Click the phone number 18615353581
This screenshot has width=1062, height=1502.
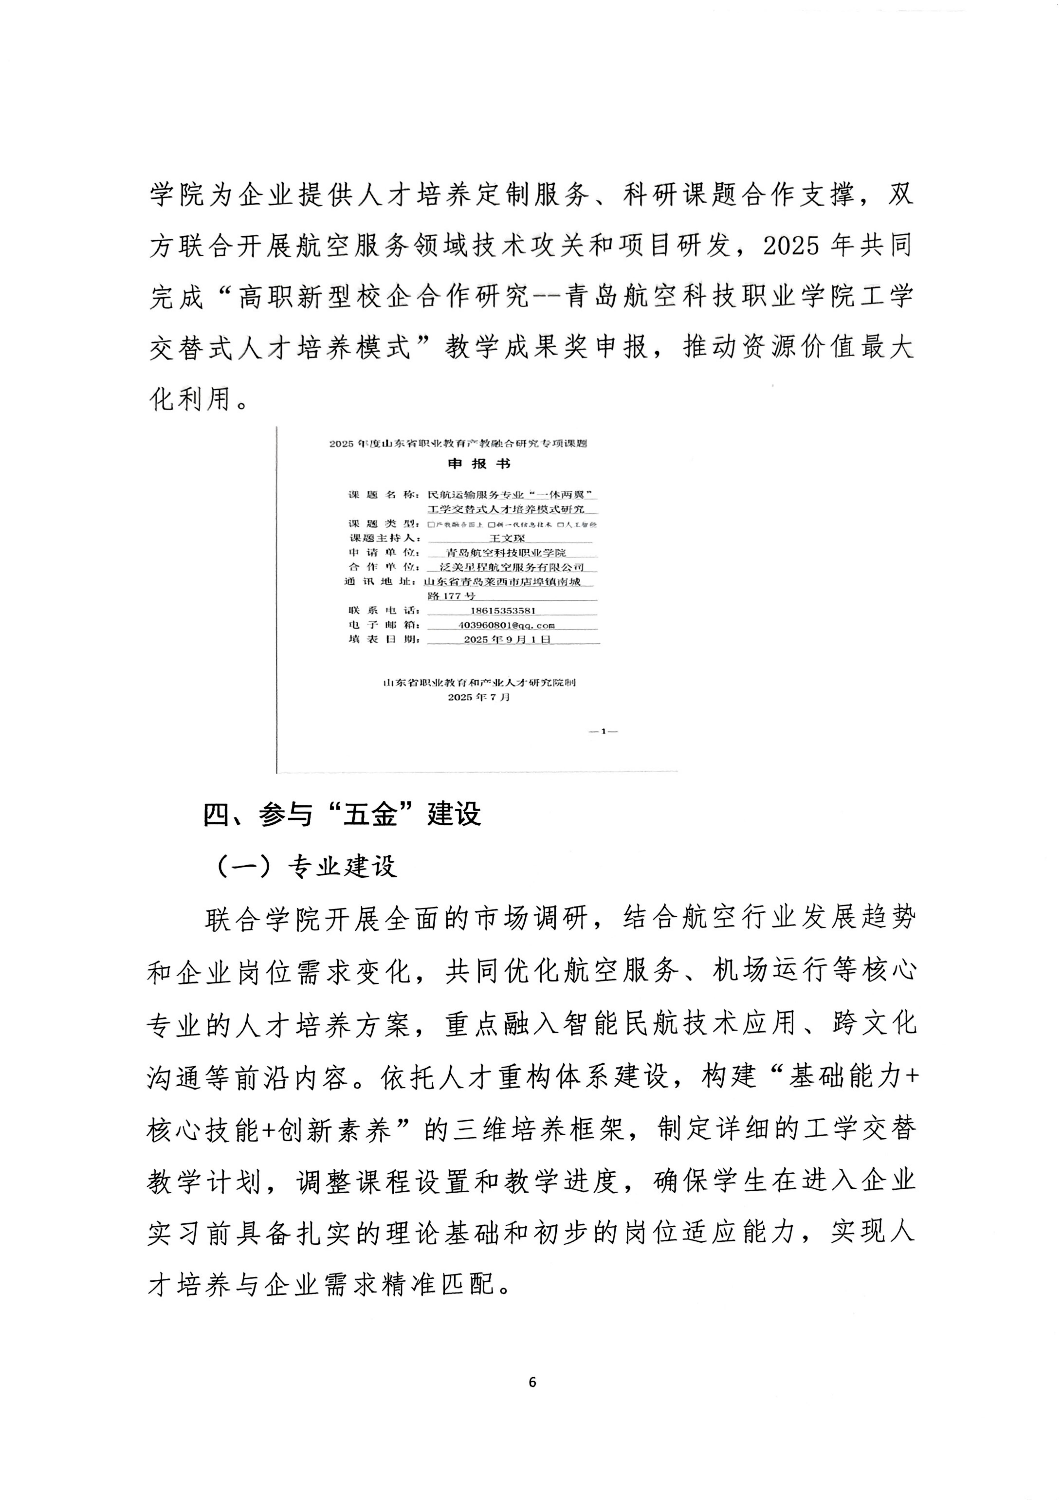click(503, 610)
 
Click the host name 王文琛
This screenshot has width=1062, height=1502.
click(507, 538)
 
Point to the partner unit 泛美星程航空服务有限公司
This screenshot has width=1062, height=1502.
click(512, 567)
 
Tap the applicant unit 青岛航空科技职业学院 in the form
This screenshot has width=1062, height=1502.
click(505, 553)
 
